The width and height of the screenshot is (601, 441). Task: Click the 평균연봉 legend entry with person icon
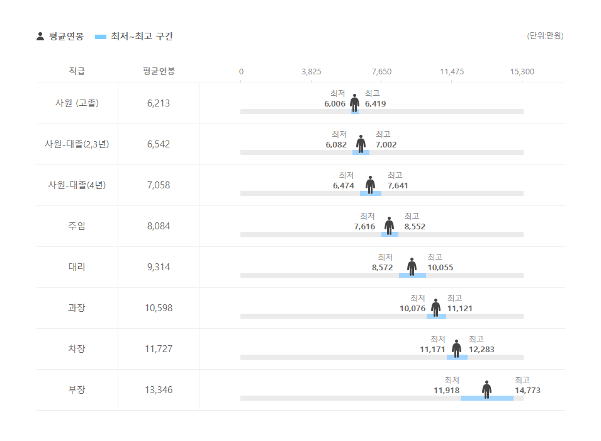click(60, 37)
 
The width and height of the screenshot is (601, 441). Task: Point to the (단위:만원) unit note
click(545, 36)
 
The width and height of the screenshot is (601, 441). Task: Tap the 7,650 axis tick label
click(381, 72)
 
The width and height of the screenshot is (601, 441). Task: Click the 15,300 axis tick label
click(522, 72)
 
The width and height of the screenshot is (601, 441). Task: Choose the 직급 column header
click(77, 71)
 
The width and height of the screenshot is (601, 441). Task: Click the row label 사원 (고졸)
click(77, 103)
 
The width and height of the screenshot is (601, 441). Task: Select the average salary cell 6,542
click(159, 144)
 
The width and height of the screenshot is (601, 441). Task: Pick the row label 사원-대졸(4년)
click(77, 185)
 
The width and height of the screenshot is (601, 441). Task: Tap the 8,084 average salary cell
click(159, 226)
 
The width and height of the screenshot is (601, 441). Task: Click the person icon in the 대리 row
click(412, 266)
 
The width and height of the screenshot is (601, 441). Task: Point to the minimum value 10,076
click(412, 309)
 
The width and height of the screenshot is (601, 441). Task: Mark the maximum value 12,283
click(481, 350)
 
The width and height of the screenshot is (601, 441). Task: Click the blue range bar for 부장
click(486, 398)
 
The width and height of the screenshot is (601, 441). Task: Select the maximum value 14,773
click(527, 391)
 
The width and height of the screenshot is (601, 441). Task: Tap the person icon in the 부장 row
click(486, 389)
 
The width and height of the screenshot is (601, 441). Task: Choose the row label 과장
click(77, 308)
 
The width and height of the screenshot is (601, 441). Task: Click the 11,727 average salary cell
click(159, 349)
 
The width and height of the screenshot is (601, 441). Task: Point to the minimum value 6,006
click(335, 104)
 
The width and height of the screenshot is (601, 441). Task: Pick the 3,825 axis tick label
click(312, 72)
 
